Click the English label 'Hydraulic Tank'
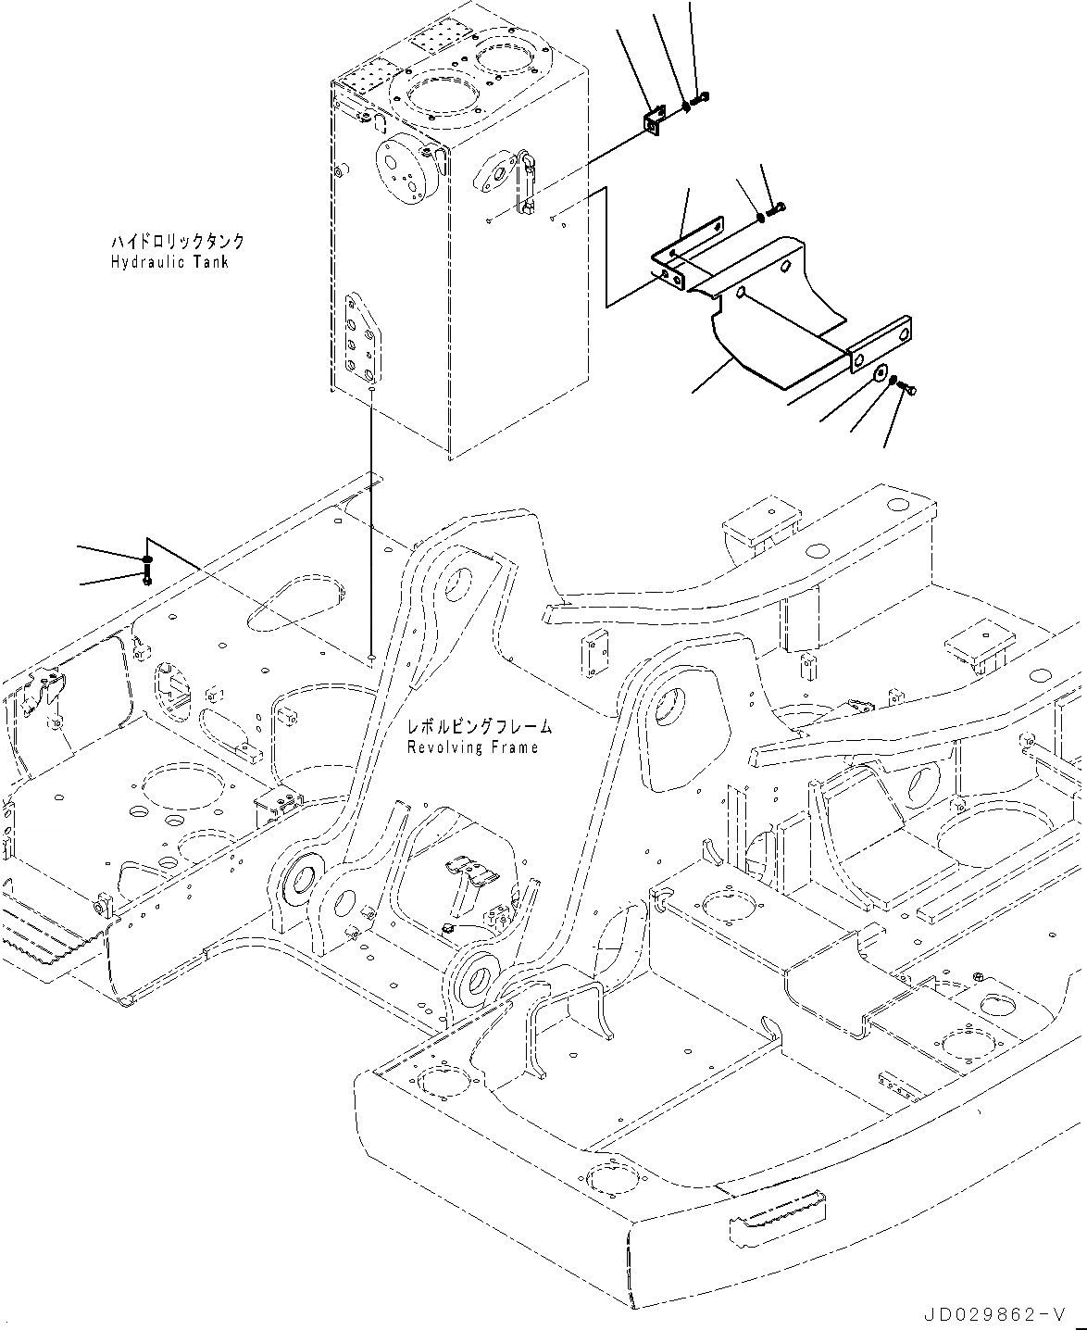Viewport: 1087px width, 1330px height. pyautogui.click(x=169, y=262)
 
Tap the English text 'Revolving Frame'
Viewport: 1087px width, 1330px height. pyautogui.click(x=472, y=747)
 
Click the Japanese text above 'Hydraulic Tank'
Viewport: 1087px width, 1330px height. pyautogui.click(x=177, y=242)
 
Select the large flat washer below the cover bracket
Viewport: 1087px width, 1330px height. pyautogui.click(x=880, y=374)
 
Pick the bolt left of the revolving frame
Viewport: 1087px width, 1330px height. pyautogui.click(x=146, y=577)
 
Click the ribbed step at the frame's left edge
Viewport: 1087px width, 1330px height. pyautogui.click(x=32, y=934)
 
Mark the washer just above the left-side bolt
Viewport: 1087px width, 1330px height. pyautogui.click(x=146, y=560)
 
